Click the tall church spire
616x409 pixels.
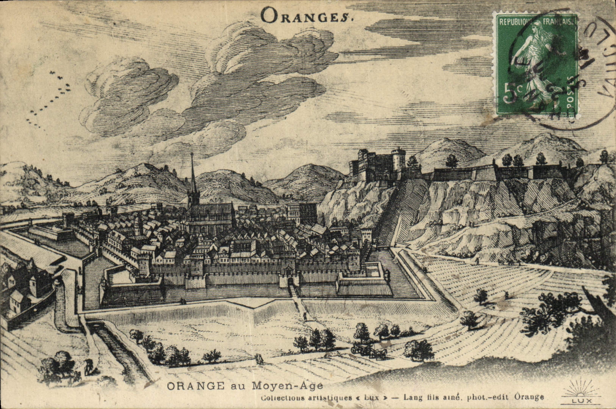click(x=193, y=178)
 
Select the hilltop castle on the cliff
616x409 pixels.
click(x=379, y=165)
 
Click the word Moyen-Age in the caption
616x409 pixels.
click(x=288, y=386)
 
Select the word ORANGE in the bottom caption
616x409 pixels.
click(x=195, y=386)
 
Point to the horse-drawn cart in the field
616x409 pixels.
click(x=369, y=351)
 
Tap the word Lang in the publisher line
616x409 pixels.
click(x=412, y=397)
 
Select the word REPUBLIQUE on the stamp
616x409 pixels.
click(x=516, y=22)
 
